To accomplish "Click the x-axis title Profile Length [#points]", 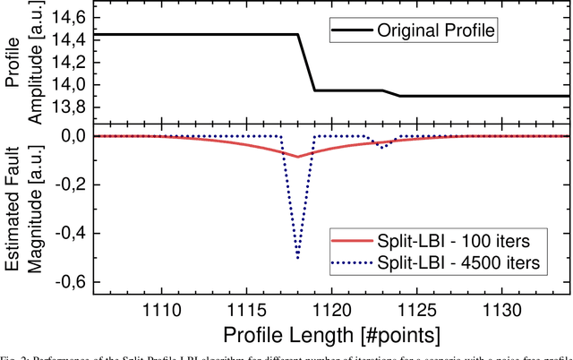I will [x=332, y=335].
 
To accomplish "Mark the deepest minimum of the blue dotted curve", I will [x=297, y=259].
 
